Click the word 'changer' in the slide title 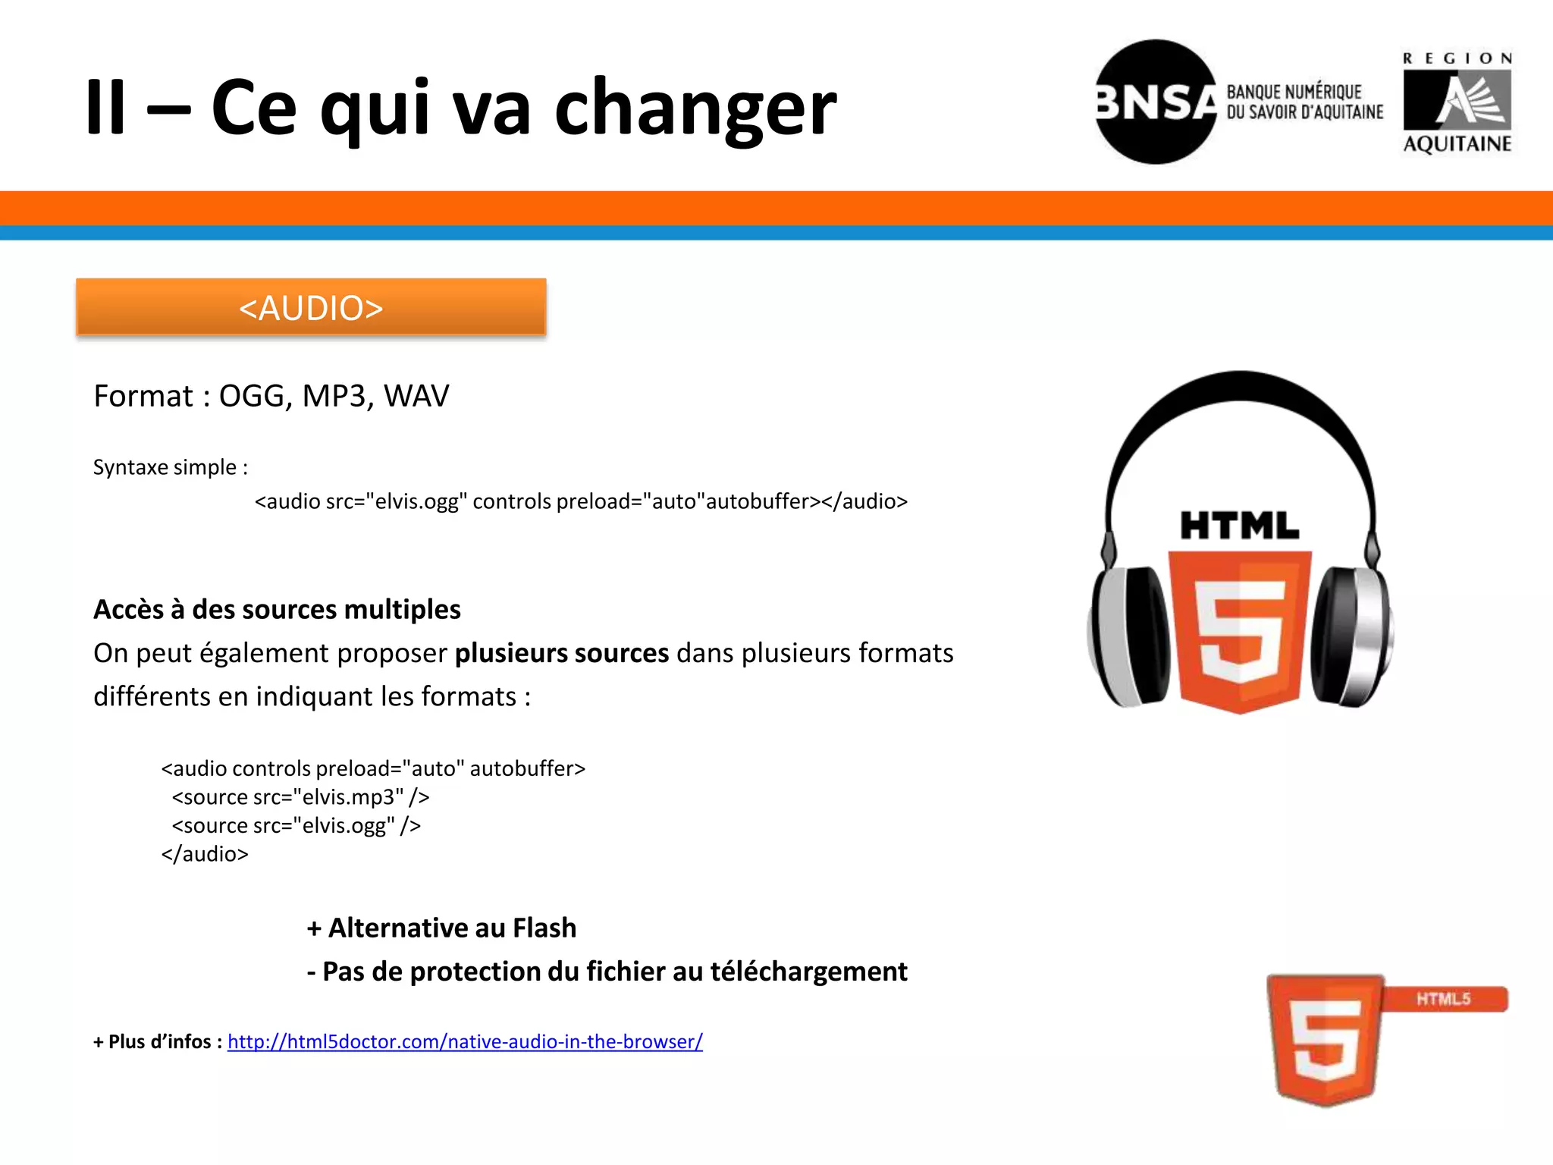click(695, 110)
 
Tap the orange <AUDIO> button click(311, 307)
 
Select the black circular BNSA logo click(1155, 102)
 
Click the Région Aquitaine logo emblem click(1457, 101)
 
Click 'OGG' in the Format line click(251, 396)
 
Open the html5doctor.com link click(465, 1041)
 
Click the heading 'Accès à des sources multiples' click(277, 609)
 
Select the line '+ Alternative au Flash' click(441, 928)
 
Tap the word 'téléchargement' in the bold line click(808, 972)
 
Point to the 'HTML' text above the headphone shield click(1239, 526)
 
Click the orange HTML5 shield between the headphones click(1239, 630)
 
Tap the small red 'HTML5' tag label click(1444, 999)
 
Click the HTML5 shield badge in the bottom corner click(1325, 1039)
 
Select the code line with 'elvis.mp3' click(300, 797)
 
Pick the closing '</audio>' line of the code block click(205, 854)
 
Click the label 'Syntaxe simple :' click(171, 467)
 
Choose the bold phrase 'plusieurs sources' click(561, 653)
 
